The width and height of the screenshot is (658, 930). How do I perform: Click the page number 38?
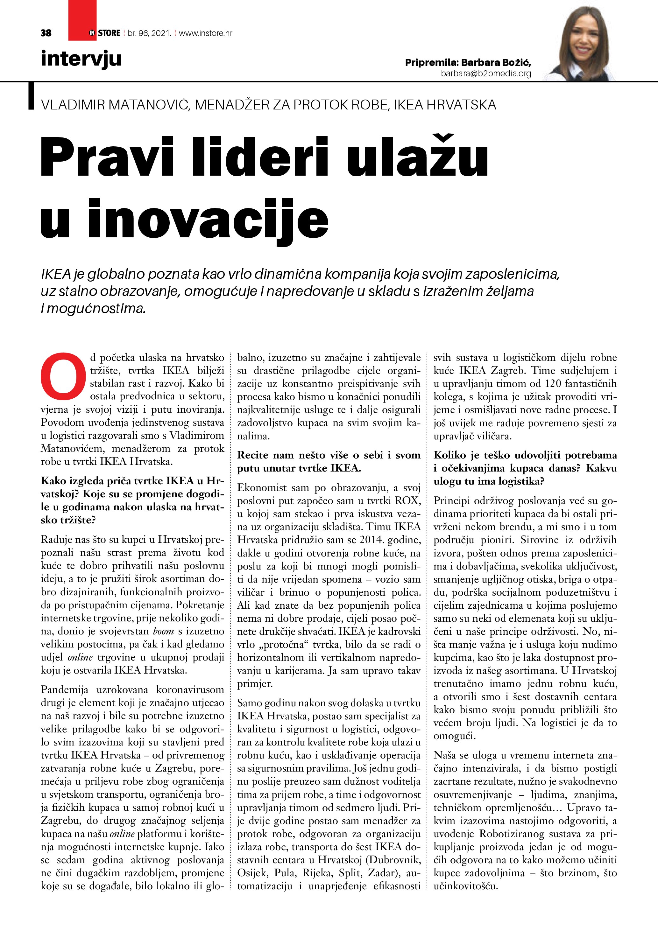tap(46, 33)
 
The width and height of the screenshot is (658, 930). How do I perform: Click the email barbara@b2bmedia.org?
tap(486, 73)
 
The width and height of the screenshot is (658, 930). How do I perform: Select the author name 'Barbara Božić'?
tap(496, 62)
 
